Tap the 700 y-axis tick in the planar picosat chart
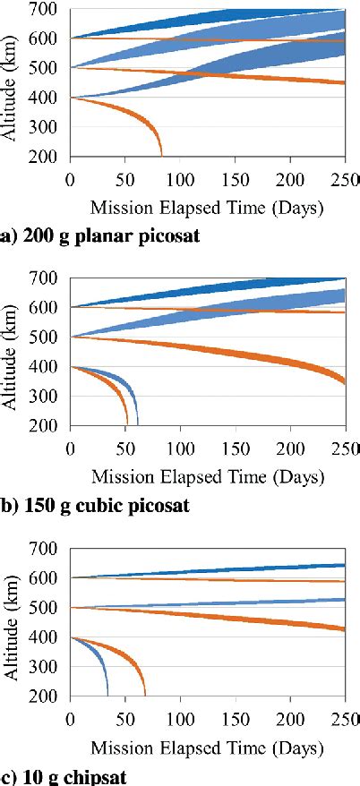click(47, 9)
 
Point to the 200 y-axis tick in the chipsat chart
click(47, 695)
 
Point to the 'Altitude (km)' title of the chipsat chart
click(13, 622)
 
